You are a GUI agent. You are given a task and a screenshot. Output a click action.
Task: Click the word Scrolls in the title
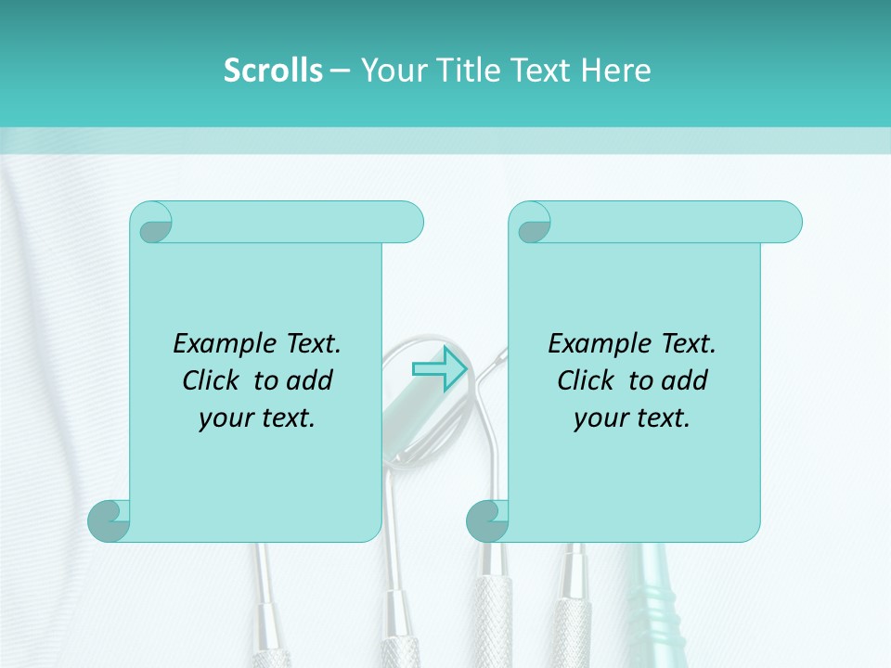pos(273,71)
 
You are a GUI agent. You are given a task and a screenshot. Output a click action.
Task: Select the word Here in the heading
pos(616,71)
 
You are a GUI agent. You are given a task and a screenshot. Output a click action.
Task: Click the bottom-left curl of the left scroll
pos(108,522)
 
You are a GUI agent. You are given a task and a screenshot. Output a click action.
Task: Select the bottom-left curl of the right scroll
pos(486,522)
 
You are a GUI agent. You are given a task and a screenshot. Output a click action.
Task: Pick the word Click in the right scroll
pos(586,380)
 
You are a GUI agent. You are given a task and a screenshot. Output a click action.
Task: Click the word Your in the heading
pos(390,71)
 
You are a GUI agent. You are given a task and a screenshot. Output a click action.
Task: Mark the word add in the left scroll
pos(311,380)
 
